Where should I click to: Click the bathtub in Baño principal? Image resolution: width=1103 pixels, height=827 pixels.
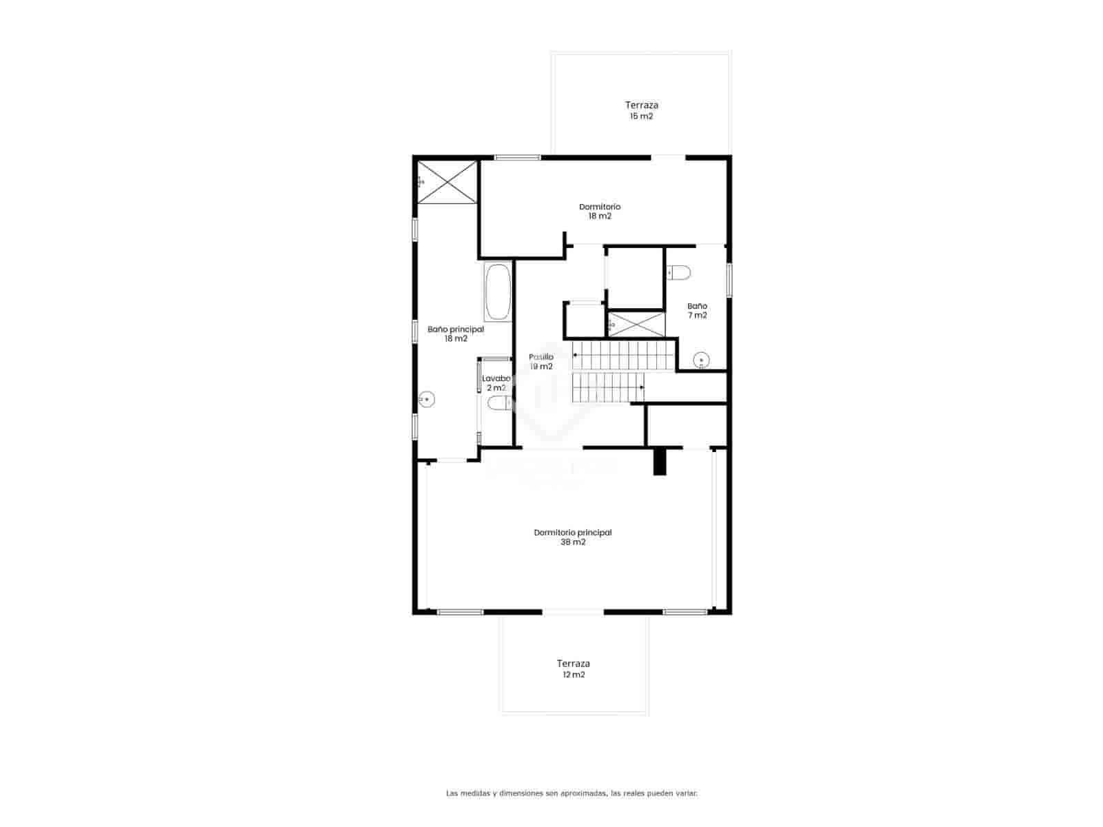point(498,292)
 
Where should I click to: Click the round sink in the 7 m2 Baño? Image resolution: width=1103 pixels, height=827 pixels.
point(701,360)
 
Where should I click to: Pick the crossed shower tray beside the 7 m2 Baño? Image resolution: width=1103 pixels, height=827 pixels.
point(637,325)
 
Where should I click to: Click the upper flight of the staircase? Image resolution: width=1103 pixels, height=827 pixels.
point(623,355)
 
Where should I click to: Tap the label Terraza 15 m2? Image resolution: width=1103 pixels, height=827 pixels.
point(641,110)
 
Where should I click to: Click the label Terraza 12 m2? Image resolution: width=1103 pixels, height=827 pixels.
point(574,669)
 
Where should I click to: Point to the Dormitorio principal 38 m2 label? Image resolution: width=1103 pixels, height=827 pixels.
point(573,537)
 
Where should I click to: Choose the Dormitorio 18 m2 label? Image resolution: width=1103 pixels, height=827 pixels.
point(600,211)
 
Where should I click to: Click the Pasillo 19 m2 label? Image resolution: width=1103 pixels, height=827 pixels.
point(541,362)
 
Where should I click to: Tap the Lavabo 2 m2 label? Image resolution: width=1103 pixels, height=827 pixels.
point(496,383)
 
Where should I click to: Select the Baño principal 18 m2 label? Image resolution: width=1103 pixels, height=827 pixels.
point(456,334)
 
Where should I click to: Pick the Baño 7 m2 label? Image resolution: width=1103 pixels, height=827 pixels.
point(697,310)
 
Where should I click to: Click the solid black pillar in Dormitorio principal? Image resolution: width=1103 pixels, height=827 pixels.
point(660,461)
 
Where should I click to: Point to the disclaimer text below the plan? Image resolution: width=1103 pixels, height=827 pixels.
point(571,793)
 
